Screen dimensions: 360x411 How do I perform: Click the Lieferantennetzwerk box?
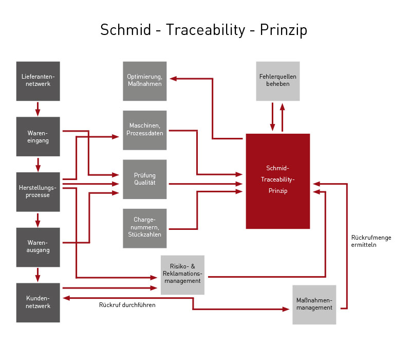38,81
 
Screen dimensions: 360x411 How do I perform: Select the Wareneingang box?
38,136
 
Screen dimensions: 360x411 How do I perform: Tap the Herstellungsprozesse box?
38,191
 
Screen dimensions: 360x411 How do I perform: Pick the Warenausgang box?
38,247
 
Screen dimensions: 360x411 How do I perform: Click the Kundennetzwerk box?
38,302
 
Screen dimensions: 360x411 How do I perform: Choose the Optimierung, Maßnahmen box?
145,81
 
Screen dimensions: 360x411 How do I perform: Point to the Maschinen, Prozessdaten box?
145,130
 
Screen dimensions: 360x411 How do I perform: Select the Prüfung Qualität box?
145,179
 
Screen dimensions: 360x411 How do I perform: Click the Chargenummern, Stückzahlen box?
145,228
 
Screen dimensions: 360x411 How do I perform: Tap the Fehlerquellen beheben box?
278,81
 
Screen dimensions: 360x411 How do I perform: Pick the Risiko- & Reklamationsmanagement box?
182,275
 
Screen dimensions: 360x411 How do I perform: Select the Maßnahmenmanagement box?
314,304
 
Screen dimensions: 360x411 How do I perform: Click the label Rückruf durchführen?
127,305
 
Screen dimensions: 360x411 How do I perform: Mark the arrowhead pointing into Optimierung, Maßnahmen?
173,79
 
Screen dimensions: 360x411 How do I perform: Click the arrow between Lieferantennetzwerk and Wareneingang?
38,109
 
